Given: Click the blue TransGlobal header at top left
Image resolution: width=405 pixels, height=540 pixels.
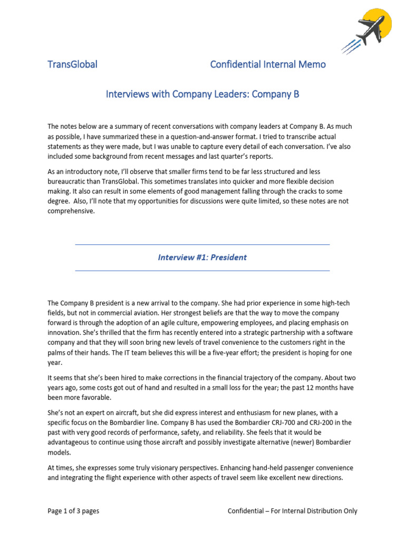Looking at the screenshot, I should click(72, 64).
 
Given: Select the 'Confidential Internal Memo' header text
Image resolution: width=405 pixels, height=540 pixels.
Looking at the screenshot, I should click(268, 64).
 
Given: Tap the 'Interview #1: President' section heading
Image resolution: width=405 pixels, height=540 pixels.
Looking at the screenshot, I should click(202, 257).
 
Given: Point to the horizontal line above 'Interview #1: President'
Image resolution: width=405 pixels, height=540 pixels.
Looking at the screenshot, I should click(202, 245).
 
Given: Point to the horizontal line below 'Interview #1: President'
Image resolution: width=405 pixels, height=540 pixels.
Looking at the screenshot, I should click(202, 271).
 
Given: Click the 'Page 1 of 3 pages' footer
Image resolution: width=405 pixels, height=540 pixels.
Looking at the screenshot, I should click(73, 510).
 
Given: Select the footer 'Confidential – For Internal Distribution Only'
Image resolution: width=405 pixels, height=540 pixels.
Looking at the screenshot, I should click(292, 510).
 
